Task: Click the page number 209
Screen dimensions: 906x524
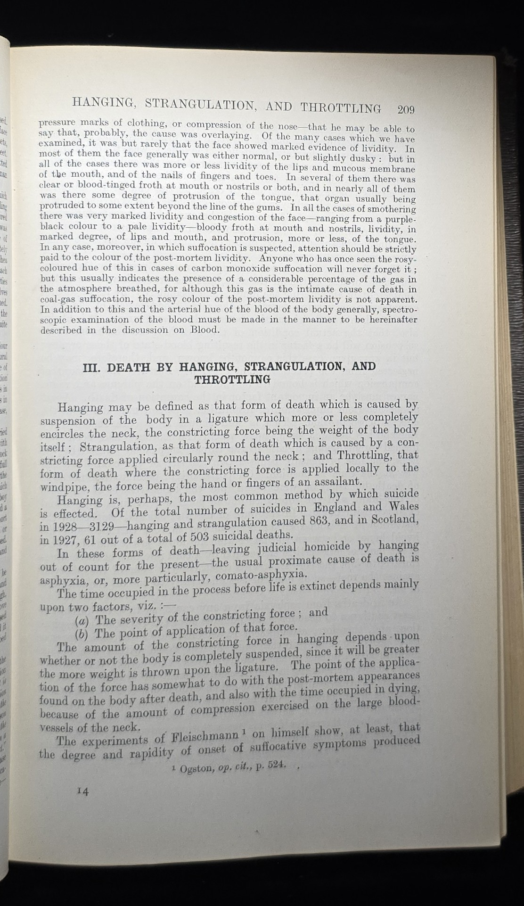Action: (406, 110)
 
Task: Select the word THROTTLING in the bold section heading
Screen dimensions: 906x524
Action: (233, 379)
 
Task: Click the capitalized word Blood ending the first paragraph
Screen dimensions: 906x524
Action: (205, 330)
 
